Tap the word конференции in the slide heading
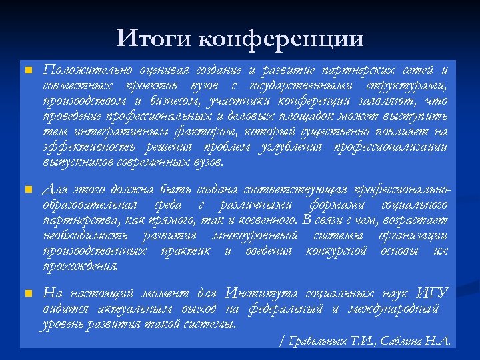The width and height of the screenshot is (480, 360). pyautogui.click(x=281, y=39)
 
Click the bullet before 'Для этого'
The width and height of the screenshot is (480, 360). pyautogui.click(x=27, y=190)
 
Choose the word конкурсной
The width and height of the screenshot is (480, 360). pyautogui.click(x=337, y=251)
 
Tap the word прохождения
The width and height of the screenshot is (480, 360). pyautogui.click(x=81, y=267)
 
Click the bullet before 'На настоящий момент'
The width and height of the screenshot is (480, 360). pyautogui.click(x=27, y=294)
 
